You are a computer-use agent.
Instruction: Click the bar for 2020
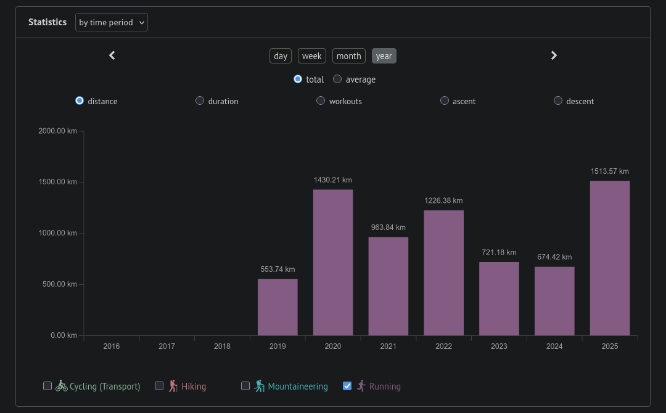pos(333,263)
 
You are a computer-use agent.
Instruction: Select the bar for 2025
pos(610,258)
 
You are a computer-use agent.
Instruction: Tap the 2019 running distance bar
pos(277,307)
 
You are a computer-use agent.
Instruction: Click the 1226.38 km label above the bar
pos(443,200)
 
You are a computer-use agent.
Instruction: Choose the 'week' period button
pos(312,56)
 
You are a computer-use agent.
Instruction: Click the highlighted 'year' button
pos(384,56)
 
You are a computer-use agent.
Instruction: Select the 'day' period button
pos(281,56)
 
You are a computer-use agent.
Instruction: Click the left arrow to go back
pos(112,55)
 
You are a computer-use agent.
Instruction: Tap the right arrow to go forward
pos(554,55)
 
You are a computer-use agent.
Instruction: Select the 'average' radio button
pos(337,79)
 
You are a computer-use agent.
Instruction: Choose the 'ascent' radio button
pos(445,100)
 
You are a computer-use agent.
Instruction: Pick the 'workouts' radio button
pos(321,100)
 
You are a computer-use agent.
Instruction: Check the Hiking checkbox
pos(159,386)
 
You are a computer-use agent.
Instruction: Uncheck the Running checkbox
pos(347,386)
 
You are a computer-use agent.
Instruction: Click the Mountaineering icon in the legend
pos(260,386)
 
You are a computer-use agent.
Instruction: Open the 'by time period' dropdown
pos(112,22)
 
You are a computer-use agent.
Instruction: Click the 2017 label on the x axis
pos(166,346)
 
